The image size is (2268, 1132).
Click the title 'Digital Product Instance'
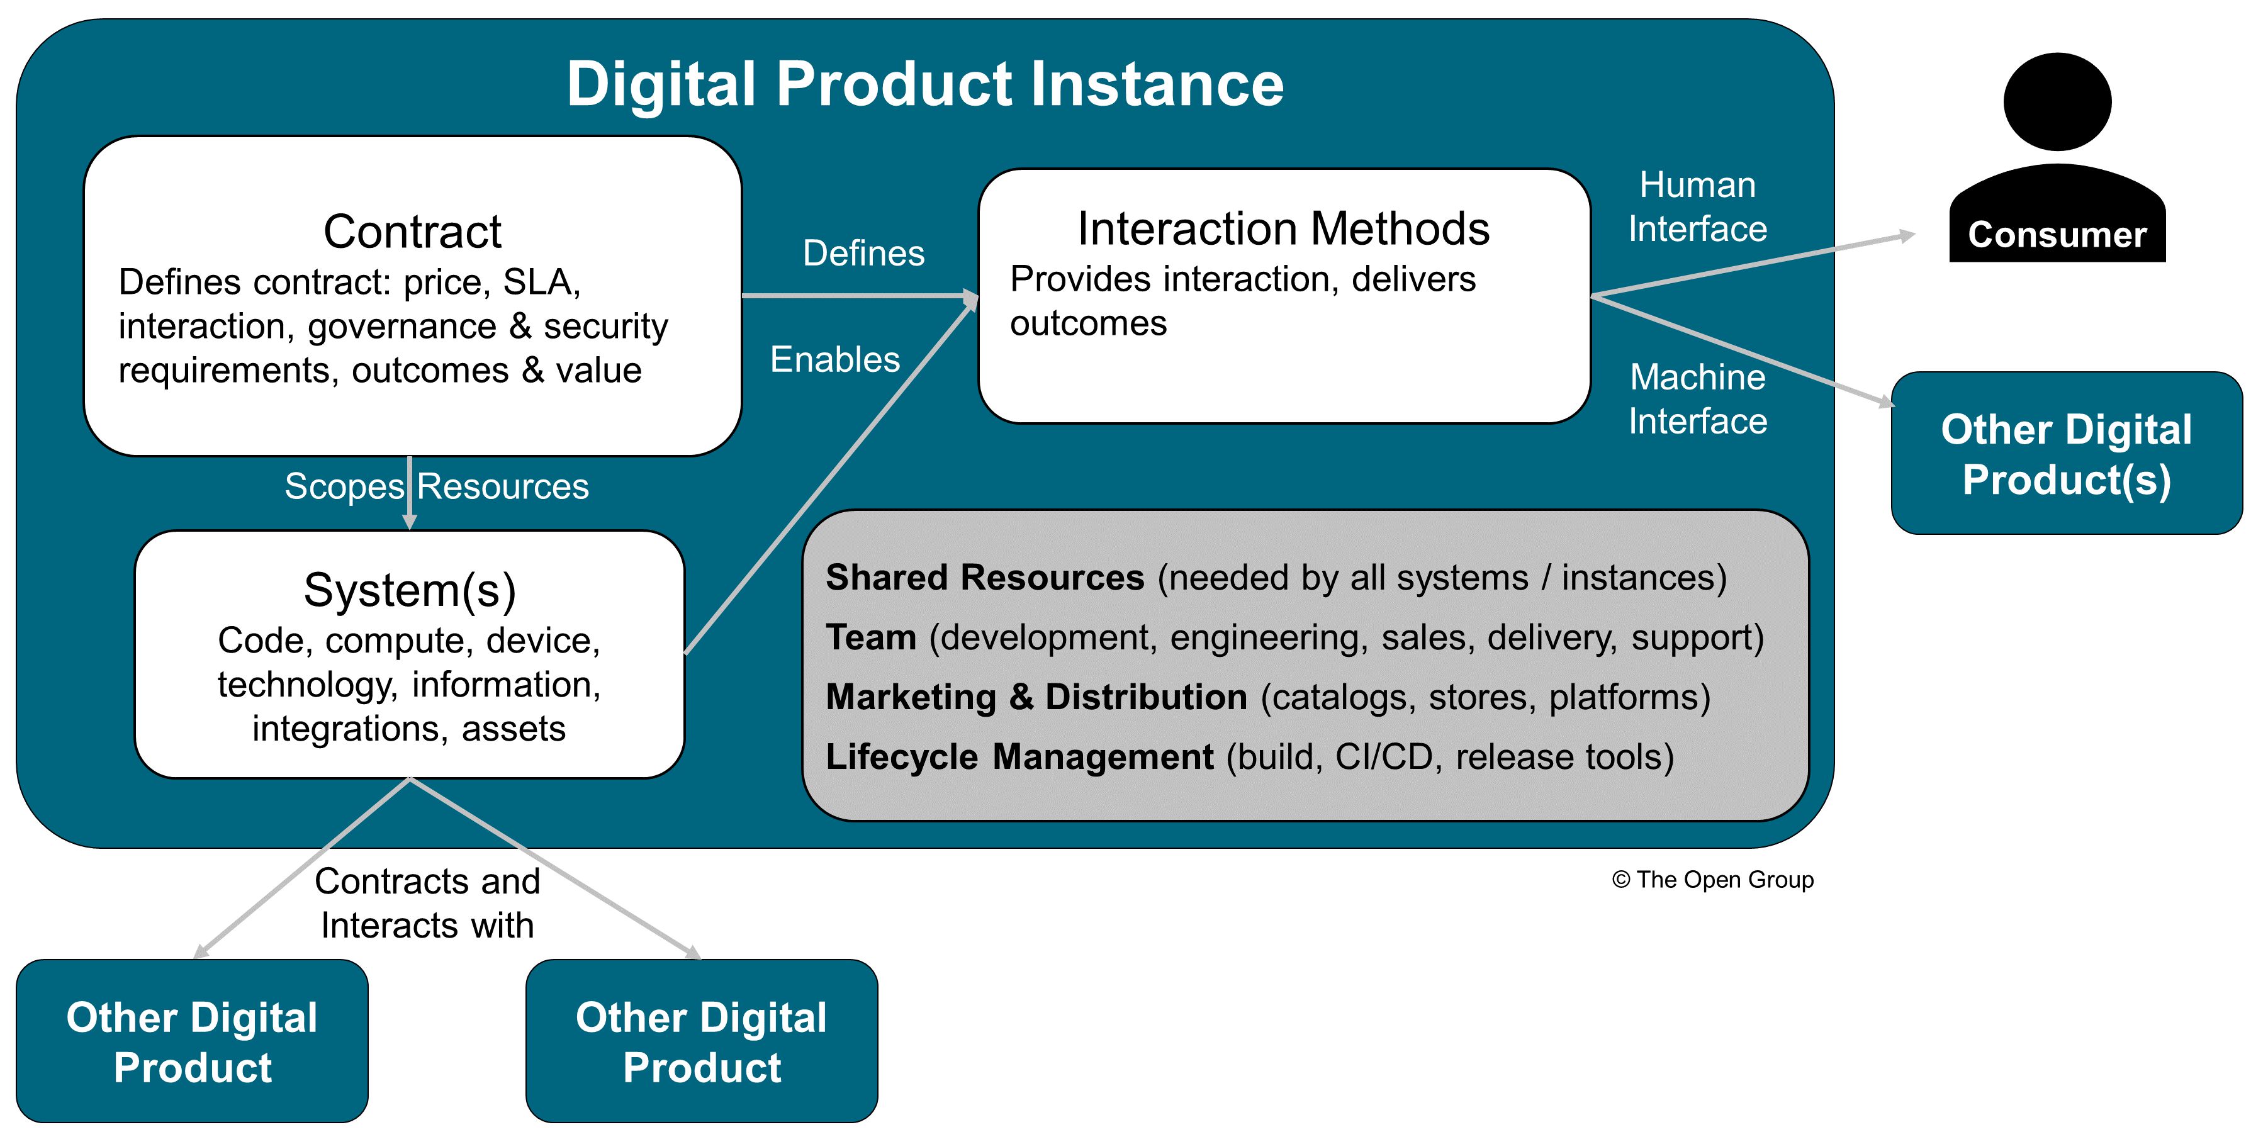click(924, 84)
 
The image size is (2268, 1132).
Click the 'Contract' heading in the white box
click(412, 232)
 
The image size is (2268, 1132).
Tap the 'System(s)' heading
click(410, 590)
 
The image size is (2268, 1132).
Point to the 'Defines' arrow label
click(863, 254)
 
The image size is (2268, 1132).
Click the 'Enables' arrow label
click(834, 359)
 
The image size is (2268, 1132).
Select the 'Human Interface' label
click(1697, 207)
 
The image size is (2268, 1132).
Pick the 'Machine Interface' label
click(1697, 399)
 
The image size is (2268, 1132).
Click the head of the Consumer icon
click(2057, 101)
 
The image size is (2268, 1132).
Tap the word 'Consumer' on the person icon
click(2057, 235)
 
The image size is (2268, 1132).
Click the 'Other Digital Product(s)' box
click(2065, 453)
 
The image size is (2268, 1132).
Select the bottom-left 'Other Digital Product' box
click(192, 1041)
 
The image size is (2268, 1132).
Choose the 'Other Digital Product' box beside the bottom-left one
click(701, 1041)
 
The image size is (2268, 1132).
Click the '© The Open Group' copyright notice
click(1712, 880)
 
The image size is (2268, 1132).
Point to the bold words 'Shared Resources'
click(984, 578)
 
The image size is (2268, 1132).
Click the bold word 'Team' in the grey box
click(871, 637)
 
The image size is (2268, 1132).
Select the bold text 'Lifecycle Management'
click(1019, 757)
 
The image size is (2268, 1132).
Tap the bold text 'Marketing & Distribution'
click(1035, 697)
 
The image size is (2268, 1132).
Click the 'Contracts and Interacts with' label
click(427, 902)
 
